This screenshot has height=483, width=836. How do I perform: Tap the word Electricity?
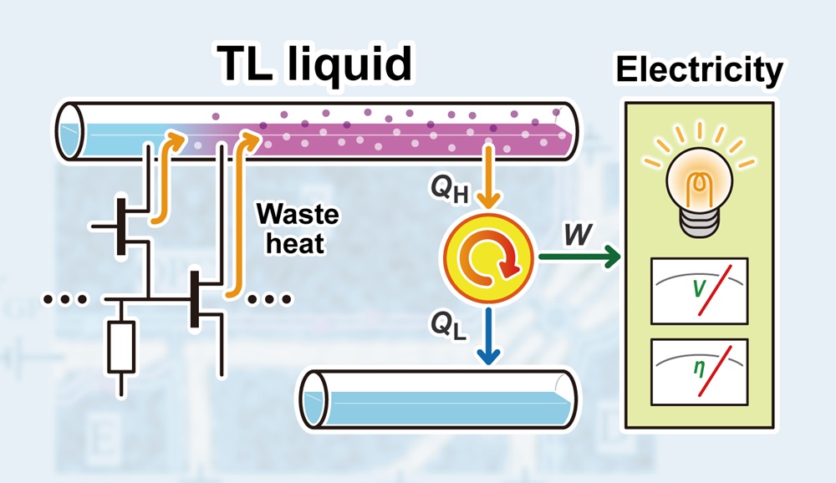point(699,70)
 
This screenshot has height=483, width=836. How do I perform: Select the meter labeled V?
point(699,290)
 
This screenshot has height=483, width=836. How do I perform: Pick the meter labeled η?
point(699,371)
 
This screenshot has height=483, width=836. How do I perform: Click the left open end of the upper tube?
point(72,130)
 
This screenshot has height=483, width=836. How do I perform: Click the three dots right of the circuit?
point(269,297)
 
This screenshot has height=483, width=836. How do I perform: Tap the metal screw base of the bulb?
point(699,219)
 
